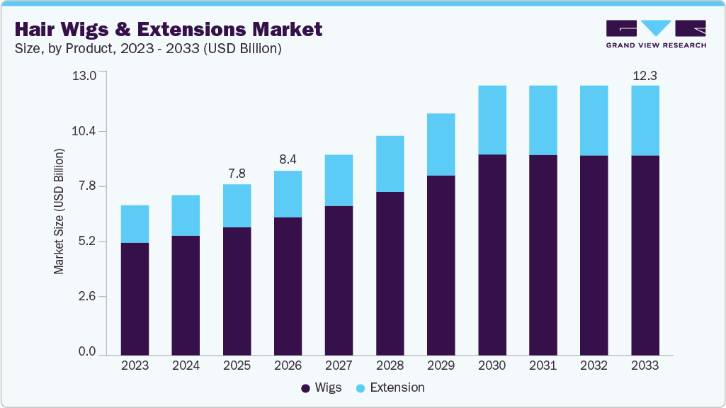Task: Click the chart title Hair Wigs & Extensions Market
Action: [169, 29]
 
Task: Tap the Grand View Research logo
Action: [656, 34]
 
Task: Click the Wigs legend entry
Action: [322, 387]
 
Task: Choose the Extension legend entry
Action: [390, 387]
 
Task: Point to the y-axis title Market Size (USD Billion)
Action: [59, 212]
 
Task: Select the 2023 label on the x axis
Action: [135, 366]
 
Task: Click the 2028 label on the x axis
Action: [390, 366]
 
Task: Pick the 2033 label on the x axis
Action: [645, 366]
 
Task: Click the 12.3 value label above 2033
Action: [645, 75]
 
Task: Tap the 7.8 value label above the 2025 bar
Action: [237, 174]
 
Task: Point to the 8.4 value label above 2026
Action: [288, 160]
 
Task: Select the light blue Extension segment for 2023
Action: [135, 224]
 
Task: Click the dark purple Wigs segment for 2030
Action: [492, 254]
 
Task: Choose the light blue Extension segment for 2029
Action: [441, 144]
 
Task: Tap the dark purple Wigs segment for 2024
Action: [186, 295]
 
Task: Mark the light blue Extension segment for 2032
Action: [594, 120]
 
